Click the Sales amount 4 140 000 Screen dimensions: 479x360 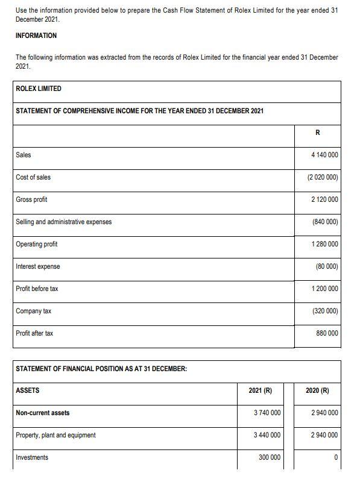[x=324, y=155]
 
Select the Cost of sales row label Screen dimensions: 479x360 [x=33, y=177]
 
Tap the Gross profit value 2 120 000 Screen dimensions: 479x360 [x=324, y=199]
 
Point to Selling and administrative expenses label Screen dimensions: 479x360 [x=63, y=222]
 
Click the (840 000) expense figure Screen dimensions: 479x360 [x=325, y=222]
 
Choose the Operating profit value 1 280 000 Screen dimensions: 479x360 [x=324, y=244]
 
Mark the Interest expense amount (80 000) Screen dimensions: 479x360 [x=326, y=266]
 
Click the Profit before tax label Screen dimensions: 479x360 [x=37, y=289]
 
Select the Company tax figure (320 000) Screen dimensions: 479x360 [x=325, y=311]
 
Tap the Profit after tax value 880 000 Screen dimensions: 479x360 [x=327, y=333]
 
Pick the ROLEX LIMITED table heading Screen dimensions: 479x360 [x=38, y=89]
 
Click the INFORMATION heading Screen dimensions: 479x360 [x=36, y=36]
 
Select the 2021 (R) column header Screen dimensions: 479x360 [x=260, y=390]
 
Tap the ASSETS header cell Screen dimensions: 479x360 [x=27, y=390]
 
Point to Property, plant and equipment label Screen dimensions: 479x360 [x=55, y=435]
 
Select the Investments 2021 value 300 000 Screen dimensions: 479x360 [x=269, y=457]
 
